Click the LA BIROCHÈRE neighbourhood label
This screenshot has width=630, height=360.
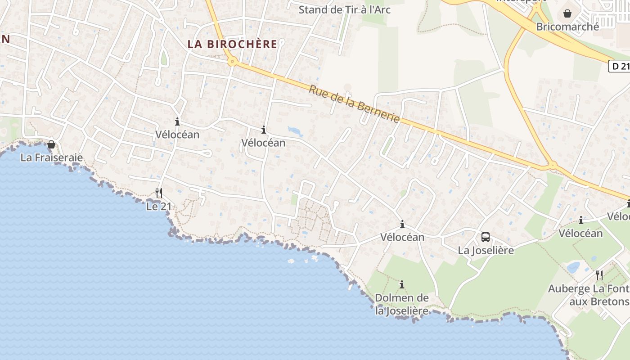pyautogui.click(x=232, y=44)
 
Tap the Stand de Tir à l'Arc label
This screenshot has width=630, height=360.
pyautogui.click(x=344, y=9)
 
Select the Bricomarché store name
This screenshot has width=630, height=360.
pyautogui.click(x=567, y=27)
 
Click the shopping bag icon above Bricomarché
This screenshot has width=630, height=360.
pyautogui.click(x=567, y=13)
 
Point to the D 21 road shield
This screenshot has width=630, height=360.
pyautogui.click(x=619, y=66)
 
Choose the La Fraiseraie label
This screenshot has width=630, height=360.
pyautogui.click(x=52, y=157)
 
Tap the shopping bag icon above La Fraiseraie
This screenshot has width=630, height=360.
pyautogui.click(x=51, y=144)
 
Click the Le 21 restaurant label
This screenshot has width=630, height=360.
pyautogui.click(x=158, y=207)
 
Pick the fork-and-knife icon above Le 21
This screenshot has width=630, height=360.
pyautogui.click(x=158, y=193)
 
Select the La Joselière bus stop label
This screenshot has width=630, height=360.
pyautogui.click(x=486, y=250)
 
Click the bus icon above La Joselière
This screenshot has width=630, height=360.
pyautogui.click(x=486, y=237)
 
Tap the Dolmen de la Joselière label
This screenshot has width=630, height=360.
pyautogui.click(x=402, y=304)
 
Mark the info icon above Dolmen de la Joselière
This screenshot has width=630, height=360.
pyautogui.click(x=402, y=284)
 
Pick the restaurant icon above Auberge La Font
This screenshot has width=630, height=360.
pyautogui.click(x=599, y=275)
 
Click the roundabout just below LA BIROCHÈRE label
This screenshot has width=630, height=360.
pyautogui.click(x=232, y=62)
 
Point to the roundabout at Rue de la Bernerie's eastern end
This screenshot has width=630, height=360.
pyautogui.click(x=553, y=165)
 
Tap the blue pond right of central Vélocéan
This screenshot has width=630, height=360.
pyautogui.click(x=295, y=131)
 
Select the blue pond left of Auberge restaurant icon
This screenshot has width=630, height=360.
pyautogui.click(x=573, y=268)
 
